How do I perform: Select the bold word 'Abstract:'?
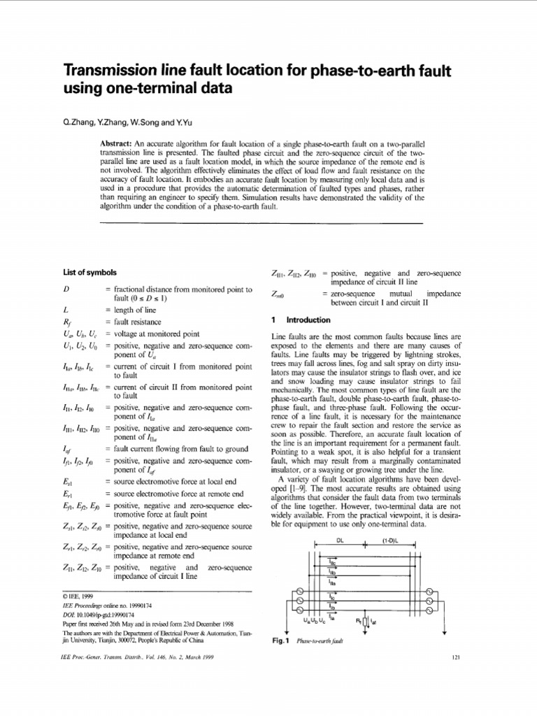pos(121,143)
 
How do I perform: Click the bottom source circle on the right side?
pos(429,610)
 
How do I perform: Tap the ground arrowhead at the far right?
pos(445,631)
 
